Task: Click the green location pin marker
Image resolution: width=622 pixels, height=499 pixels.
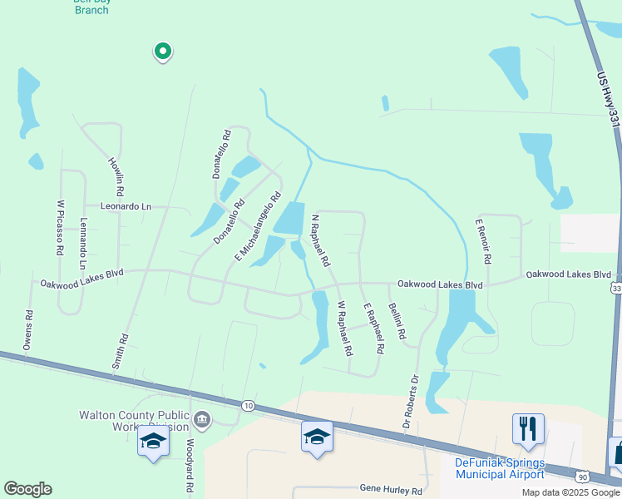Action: coord(163,52)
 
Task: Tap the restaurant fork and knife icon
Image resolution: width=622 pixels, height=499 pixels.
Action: coord(528,429)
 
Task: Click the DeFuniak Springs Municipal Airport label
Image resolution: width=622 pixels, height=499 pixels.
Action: coord(500,468)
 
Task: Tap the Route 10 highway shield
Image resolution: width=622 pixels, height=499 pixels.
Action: coord(249,405)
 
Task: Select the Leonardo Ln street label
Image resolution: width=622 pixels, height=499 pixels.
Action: coord(126,206)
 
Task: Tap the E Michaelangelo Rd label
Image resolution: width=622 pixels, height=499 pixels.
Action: coord(254,224)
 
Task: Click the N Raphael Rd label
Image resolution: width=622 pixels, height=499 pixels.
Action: coord(320,241)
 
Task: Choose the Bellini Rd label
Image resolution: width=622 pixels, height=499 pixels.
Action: coord(397,320)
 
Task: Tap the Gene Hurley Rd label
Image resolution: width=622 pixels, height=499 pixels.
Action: coord(391,490)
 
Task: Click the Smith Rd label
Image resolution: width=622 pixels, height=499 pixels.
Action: coord(122,352)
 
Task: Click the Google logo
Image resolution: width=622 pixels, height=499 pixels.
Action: coord(27,489)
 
